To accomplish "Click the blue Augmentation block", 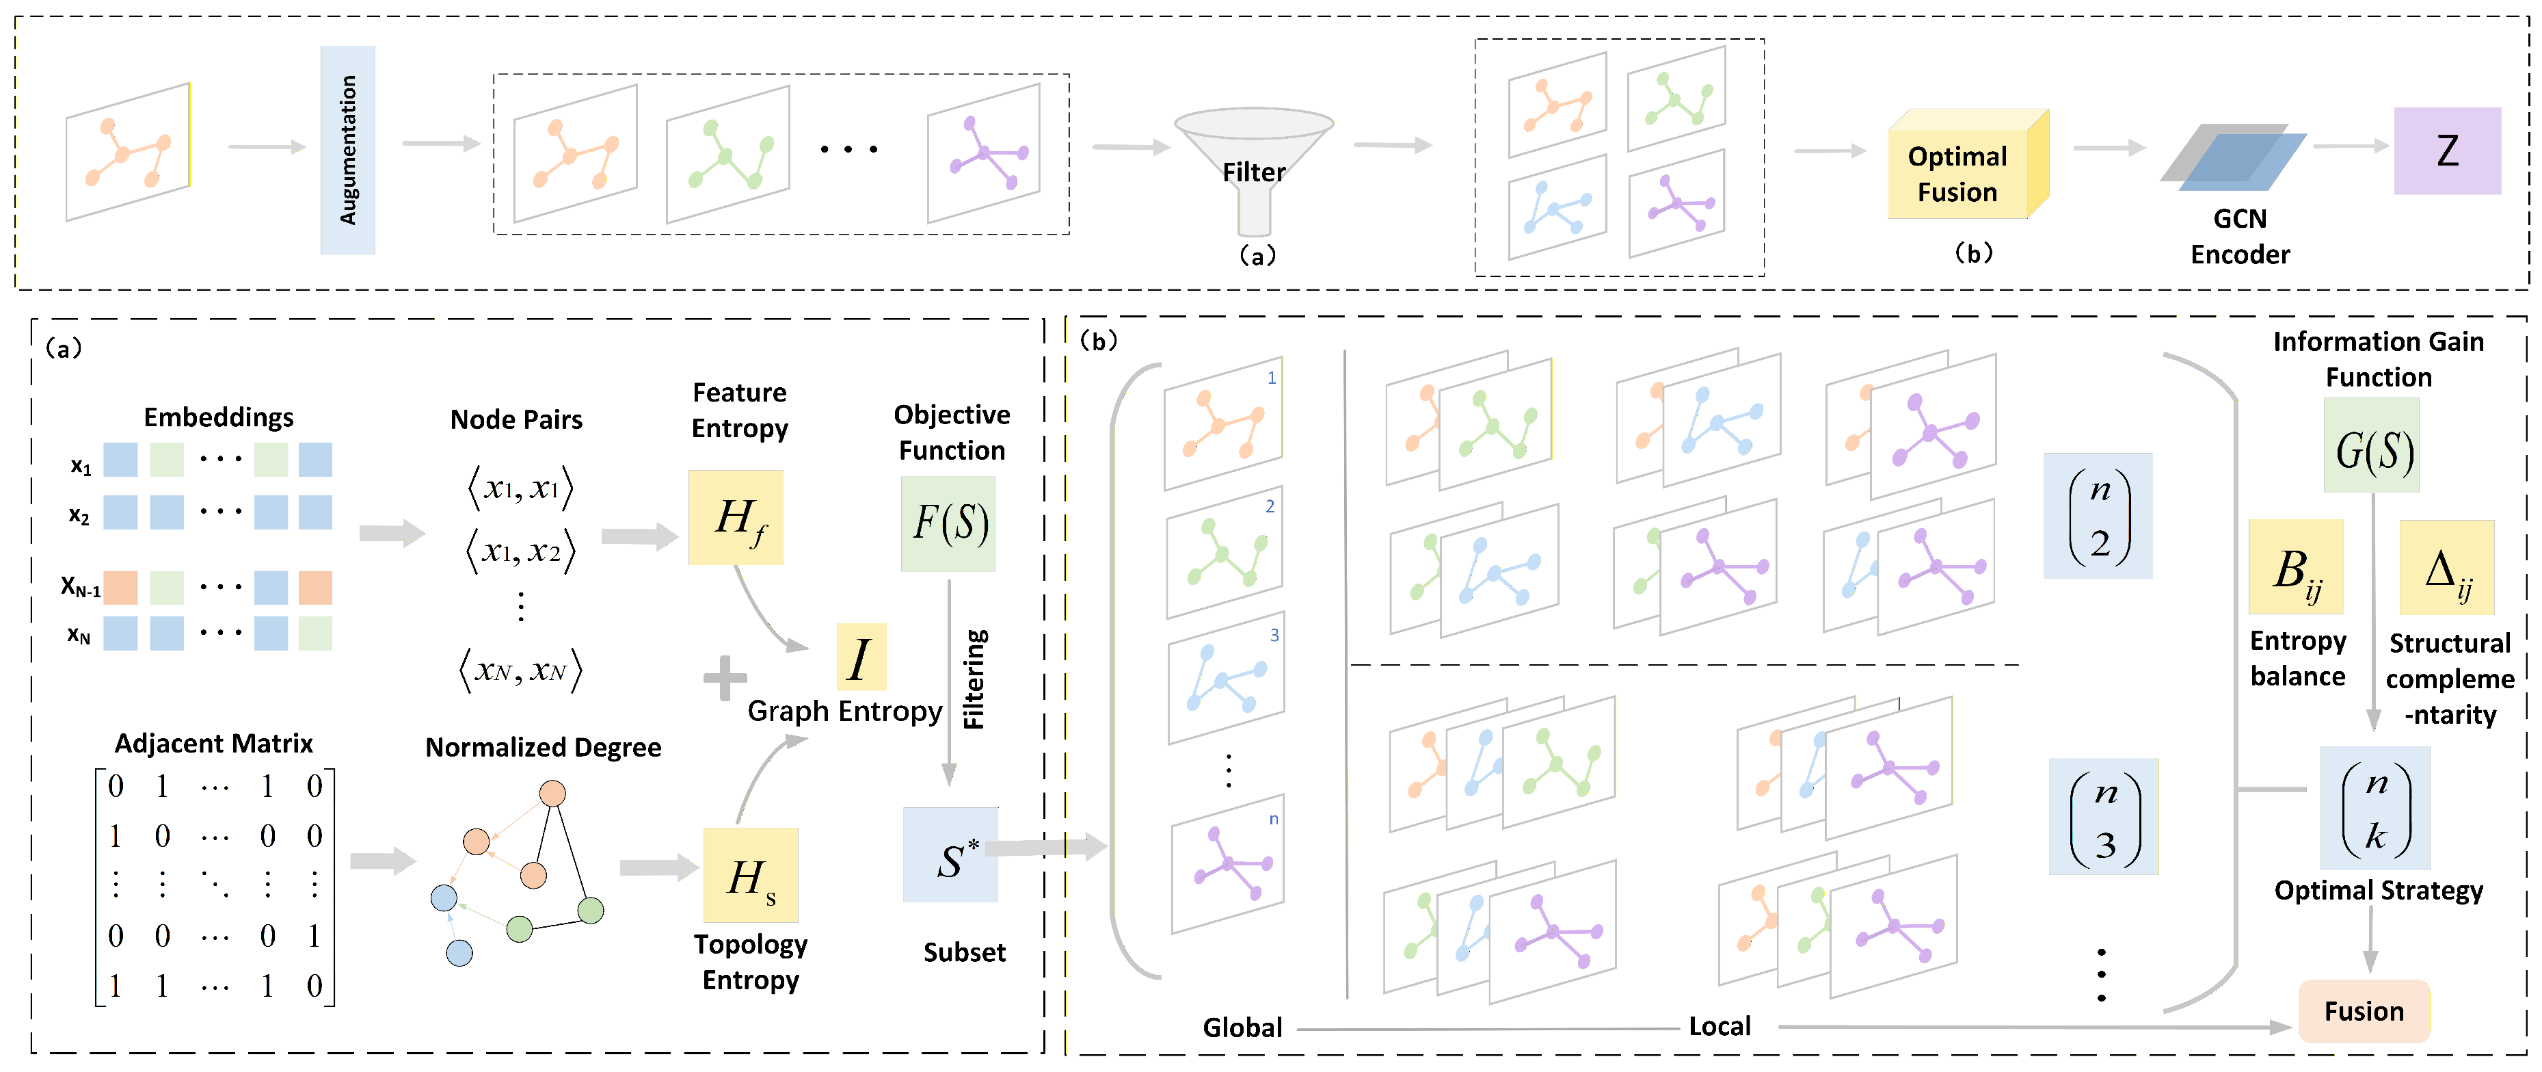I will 347,150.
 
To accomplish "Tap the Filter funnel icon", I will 1253,158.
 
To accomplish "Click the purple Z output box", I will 2446,150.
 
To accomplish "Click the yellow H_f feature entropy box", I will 735,517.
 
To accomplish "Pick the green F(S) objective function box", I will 948,523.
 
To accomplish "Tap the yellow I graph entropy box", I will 861,657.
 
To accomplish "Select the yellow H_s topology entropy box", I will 750,874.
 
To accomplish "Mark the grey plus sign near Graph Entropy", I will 725,678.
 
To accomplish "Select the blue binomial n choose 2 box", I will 2098,515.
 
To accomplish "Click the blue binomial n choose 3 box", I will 2103,816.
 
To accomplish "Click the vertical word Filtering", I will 975,679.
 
